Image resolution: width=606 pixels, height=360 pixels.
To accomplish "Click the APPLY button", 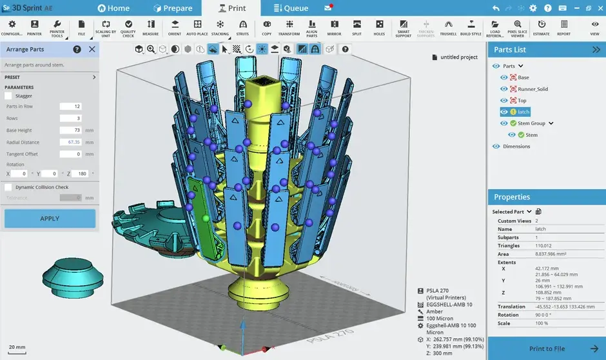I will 50,218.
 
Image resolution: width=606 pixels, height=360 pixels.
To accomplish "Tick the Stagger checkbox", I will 8,96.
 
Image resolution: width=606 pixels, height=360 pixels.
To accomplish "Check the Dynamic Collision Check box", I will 8,187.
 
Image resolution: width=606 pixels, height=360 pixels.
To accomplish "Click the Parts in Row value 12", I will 70,106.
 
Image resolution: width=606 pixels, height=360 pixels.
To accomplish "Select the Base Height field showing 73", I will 70,130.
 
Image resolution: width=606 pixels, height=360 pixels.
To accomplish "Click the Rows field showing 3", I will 70,118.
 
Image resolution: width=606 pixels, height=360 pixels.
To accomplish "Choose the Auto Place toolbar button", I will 197,27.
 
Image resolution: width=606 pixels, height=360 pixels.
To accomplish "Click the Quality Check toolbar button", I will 128,27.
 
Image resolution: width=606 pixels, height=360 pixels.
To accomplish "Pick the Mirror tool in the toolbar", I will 334,27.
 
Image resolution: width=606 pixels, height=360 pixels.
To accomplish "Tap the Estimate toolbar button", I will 542,27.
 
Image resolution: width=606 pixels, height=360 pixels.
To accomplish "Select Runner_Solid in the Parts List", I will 533,89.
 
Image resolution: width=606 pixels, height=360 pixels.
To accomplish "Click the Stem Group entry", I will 531,123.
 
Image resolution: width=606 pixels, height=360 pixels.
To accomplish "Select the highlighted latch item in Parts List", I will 523,112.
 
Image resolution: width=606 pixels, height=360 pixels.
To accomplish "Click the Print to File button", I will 547,348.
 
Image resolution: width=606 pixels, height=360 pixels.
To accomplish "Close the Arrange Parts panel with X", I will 92,49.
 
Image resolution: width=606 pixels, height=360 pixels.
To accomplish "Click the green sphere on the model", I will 206,218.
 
